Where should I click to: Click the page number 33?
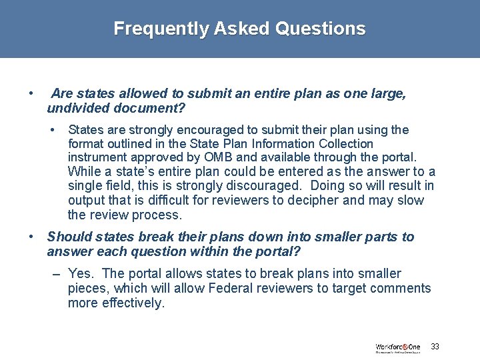435,347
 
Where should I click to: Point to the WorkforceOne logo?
398,347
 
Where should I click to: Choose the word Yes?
81,274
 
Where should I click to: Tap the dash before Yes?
57,274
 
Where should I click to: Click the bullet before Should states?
31,237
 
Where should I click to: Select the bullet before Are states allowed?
31,94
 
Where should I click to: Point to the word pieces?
89,289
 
